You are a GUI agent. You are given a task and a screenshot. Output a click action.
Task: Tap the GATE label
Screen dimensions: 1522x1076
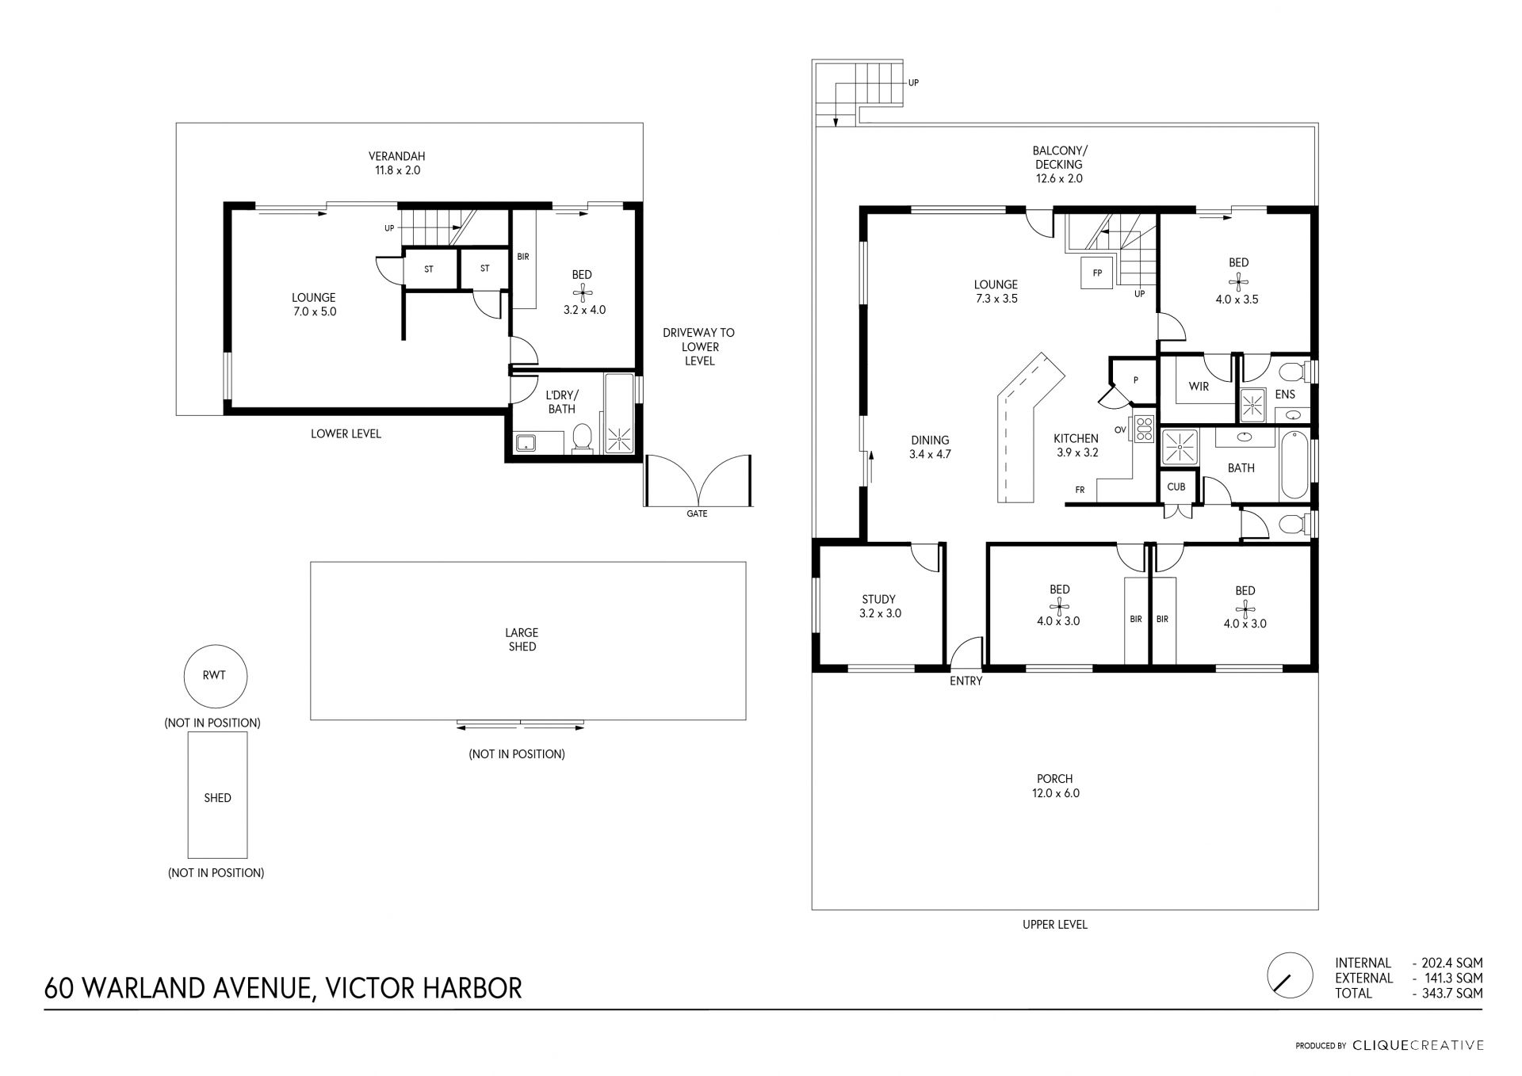pyautogui.click(x=697, y=513)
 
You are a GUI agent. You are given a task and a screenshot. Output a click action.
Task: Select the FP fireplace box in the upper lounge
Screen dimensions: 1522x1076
pyautogui.click(x=1097, y=273)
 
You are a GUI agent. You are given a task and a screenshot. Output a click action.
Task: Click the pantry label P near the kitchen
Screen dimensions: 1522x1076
pyautogui.click(x=1135, y=380)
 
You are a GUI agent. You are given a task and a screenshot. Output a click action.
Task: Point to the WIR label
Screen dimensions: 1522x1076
pyautogui.click(x=1199, y=387)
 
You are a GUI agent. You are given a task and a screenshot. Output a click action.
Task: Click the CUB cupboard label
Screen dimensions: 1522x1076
pyautogui.click(x=1176, y=486)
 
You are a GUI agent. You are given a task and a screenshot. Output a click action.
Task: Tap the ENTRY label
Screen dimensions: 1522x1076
pyautogui.click(x=966, y=681)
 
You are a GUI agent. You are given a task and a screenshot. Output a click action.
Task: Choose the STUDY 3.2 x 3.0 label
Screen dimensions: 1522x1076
pyautogui.click(x=880, y=606)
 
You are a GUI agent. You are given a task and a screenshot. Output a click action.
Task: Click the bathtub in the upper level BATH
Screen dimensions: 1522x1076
pyautogui.click(x=1294, y=464)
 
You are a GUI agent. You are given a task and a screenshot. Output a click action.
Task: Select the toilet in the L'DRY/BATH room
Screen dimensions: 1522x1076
pyautogui.click(x=583, y=437)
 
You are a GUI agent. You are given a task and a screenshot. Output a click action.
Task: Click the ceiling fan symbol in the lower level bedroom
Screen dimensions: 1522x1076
pyautogui.click(x=583, y=292)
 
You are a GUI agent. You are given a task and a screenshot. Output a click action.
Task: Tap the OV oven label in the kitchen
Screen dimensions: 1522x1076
pyautogui.click(x=1120, y=430)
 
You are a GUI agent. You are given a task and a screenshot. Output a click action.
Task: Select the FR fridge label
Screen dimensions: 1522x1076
pyautogui.click(x=1080, y=490)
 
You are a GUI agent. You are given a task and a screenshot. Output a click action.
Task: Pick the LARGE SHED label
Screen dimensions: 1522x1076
pyautogui.click(x=522, y=639)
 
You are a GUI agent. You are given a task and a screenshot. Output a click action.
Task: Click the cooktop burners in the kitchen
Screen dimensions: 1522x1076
pyautogui.click(x=1143, y=429)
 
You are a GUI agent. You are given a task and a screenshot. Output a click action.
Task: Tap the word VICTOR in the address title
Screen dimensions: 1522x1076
pyautogui.click(x=361, y=988)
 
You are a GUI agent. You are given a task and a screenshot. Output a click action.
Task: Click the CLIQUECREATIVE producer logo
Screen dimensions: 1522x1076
pyautogui.click(x=1418, y=1045)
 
